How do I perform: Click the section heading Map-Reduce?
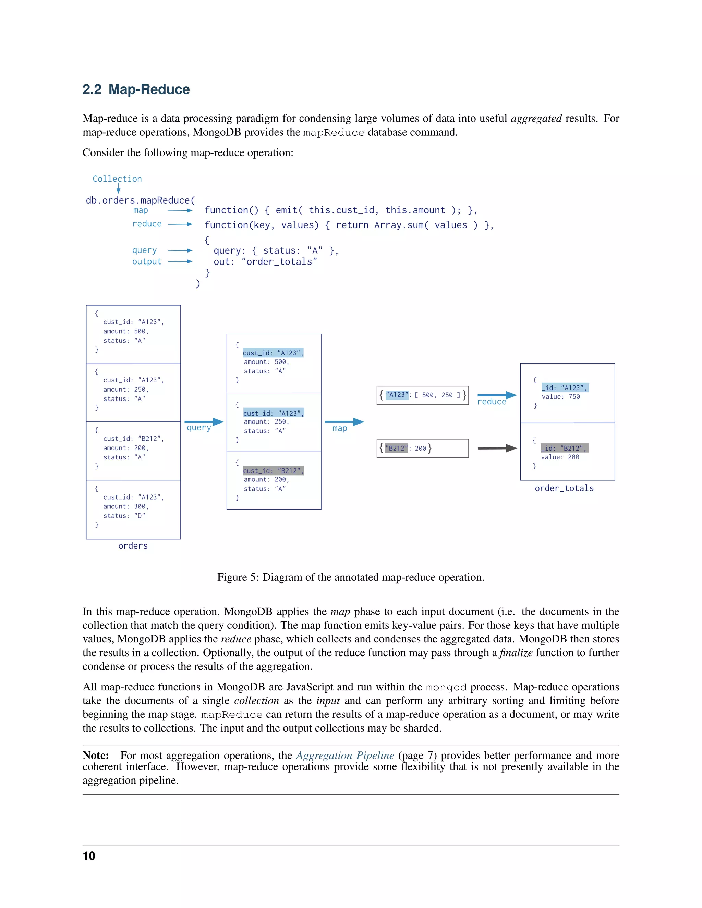point(136,89)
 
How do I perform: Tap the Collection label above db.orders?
point(117,179)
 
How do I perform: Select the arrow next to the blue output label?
point(180,261)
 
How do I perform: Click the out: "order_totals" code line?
point(265,261)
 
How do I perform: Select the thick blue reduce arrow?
point(497,395)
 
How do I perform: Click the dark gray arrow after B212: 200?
point(497,448)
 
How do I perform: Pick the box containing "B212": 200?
point(422,448)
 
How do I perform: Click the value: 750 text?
point(560,397)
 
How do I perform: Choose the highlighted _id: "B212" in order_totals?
point(564,448)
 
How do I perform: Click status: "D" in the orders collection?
point(124,516)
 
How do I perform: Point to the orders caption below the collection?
point(133,546)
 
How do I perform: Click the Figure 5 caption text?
point(351,577)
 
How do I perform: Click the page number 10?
point(89,856)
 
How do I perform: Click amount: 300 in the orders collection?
point(125,506)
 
